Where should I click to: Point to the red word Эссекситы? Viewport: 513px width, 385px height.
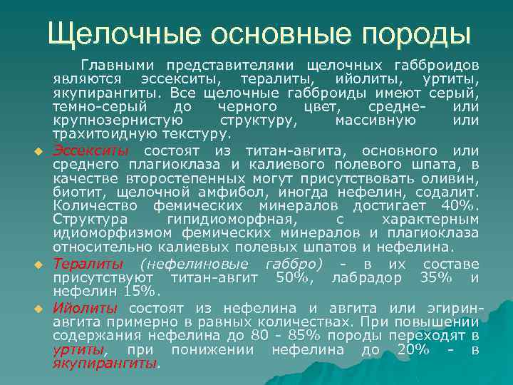(90, 151)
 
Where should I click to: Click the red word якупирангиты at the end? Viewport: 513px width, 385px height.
(106, 363)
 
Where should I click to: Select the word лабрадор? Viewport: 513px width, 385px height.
(366, 277)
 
